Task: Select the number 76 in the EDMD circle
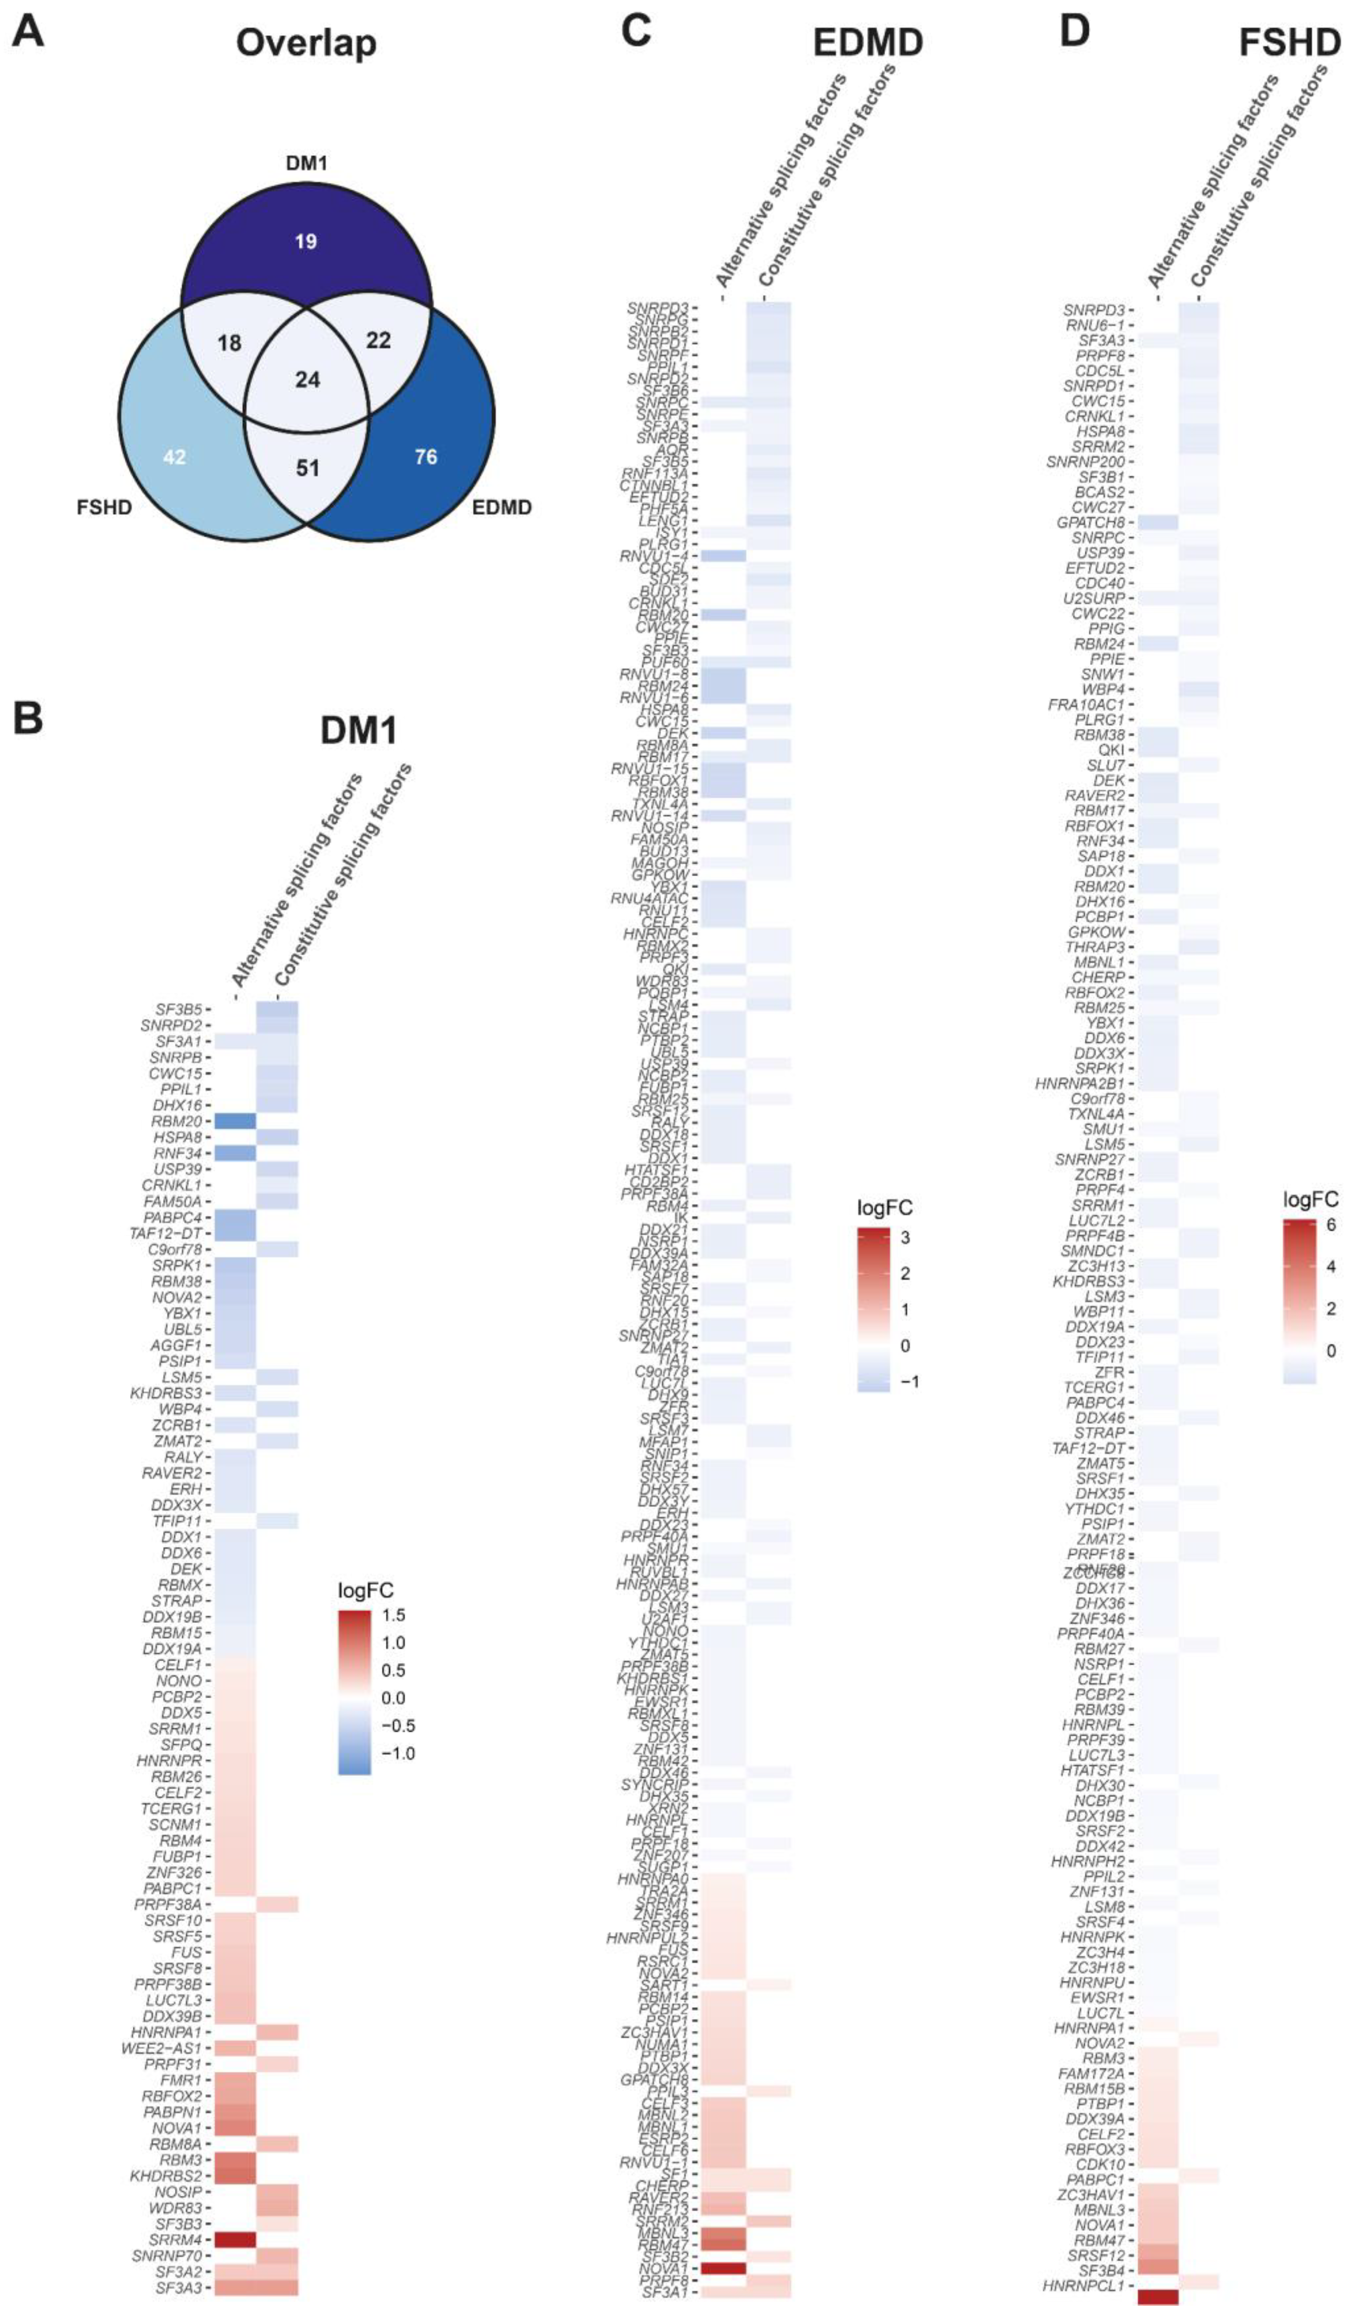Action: tap(425, 457)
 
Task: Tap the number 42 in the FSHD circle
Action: tap(174, 457)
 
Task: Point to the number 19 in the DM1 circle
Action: tap(305, 241)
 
